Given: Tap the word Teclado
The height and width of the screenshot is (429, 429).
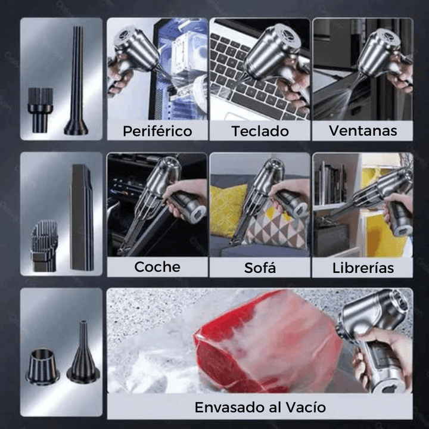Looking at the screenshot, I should click(x=260, y=130).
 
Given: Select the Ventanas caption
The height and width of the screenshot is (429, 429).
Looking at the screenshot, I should click(x=363, y=130).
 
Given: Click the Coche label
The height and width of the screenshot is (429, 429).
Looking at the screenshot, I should click(x=157, y=266).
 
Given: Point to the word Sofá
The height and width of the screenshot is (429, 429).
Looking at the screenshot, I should click(x=260, y=268).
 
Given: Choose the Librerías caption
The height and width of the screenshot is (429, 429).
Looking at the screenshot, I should click(x=363, y=268).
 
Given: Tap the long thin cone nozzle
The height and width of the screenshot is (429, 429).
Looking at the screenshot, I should click(x=76, y=83).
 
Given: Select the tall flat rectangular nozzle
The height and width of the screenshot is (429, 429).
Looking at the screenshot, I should click(x=82, y=217).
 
